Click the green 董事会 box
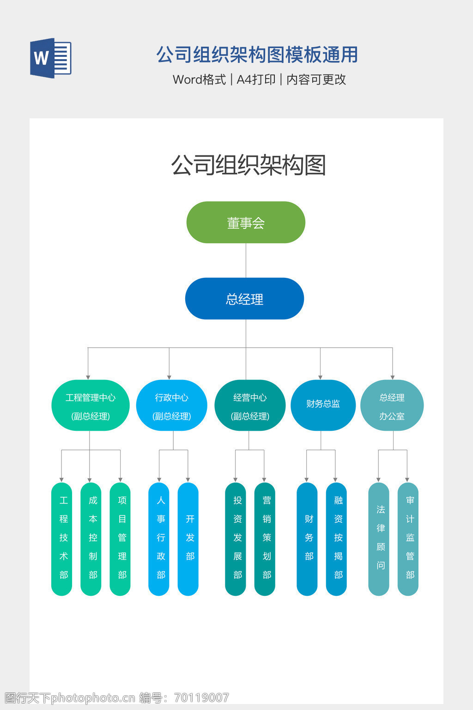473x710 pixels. [x=246, y=222]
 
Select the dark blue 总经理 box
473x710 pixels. [x=244, y=299]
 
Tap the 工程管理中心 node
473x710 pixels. [x=91, y=405]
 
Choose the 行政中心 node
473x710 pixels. [x=171, y=405]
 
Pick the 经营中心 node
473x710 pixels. [x=250, y=405]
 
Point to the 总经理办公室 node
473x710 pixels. [x=392, y=405]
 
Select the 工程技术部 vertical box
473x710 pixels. [x=62, y=539]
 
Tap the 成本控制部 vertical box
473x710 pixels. [x=91, y=539]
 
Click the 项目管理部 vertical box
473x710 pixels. [x=120, y=539]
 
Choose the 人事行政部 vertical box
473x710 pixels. [x=159, y=539]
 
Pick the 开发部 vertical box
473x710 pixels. [x=188, y=539]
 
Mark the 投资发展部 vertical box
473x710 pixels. [x=236, y=539]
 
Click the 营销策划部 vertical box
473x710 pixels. [x=265, y=539]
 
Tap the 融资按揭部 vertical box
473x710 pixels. [x=336, y=539]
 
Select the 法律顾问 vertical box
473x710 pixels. [x=379, y=539]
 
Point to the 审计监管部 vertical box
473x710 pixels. [x=408, y=539]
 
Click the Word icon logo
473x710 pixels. [x=51, y=58]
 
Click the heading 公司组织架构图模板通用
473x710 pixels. [x=257, y=55]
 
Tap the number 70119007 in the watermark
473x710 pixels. [x=202, y=698]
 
